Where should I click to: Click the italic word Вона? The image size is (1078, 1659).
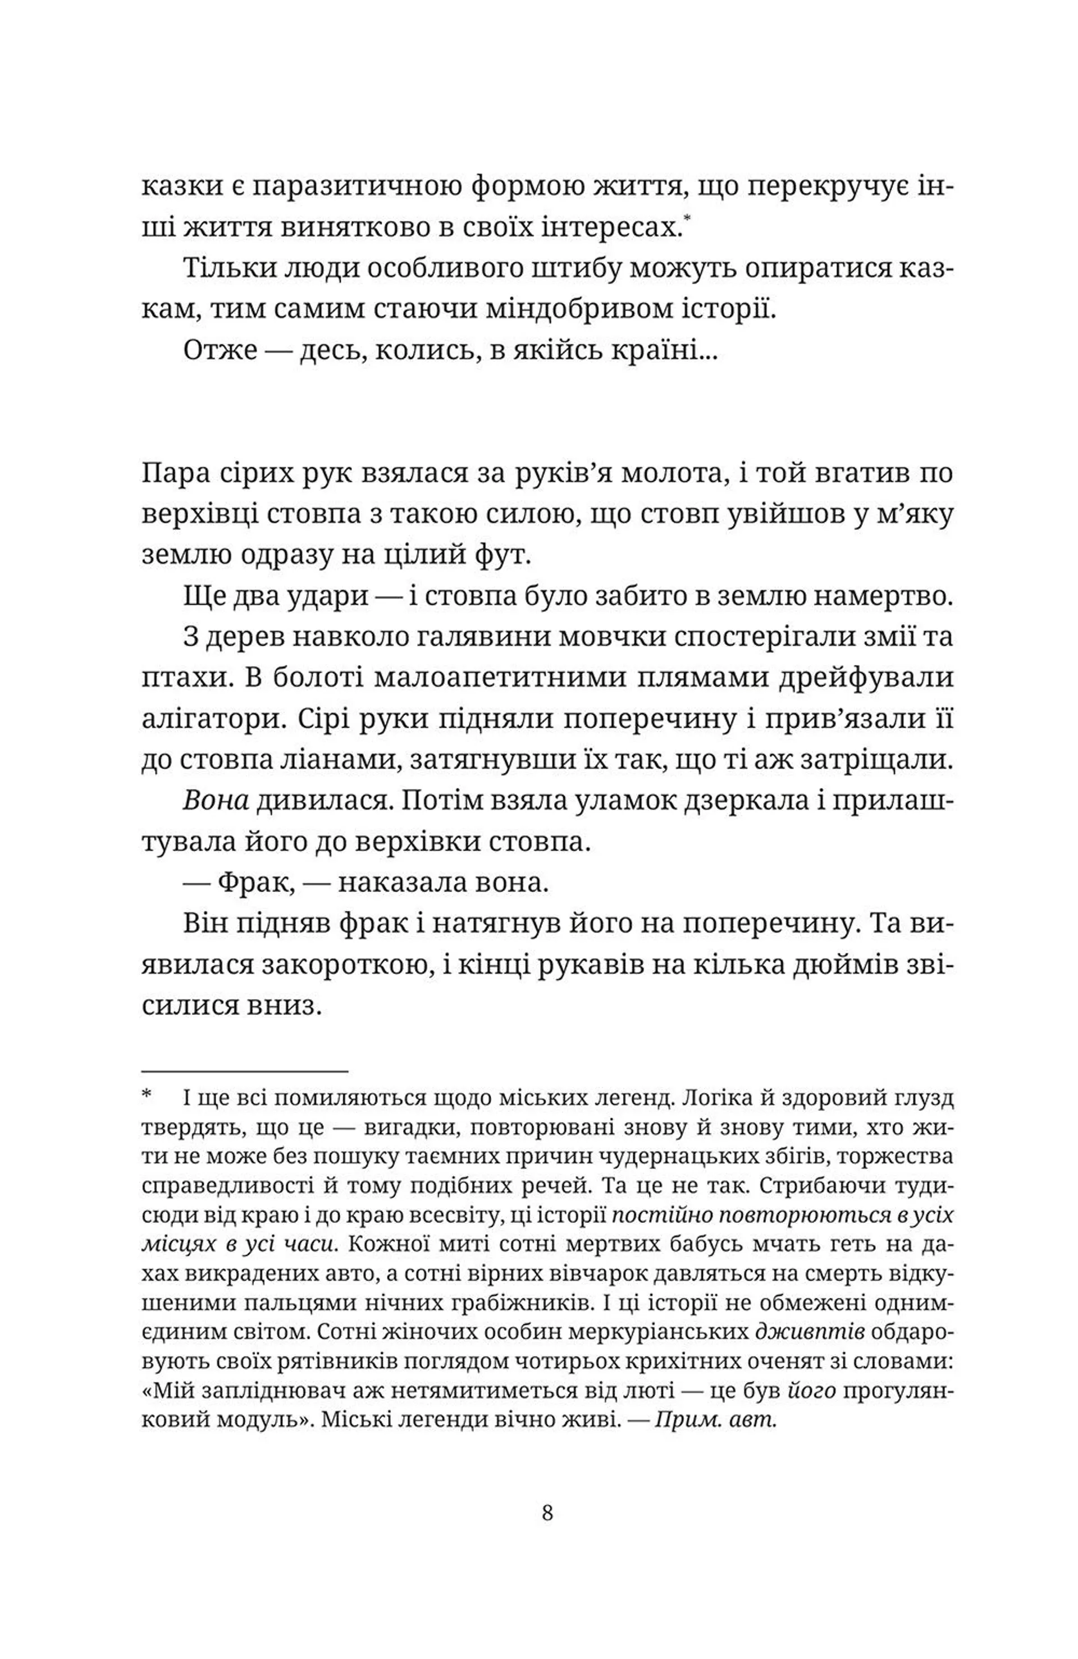pyautogui.click(x=216, y=802)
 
